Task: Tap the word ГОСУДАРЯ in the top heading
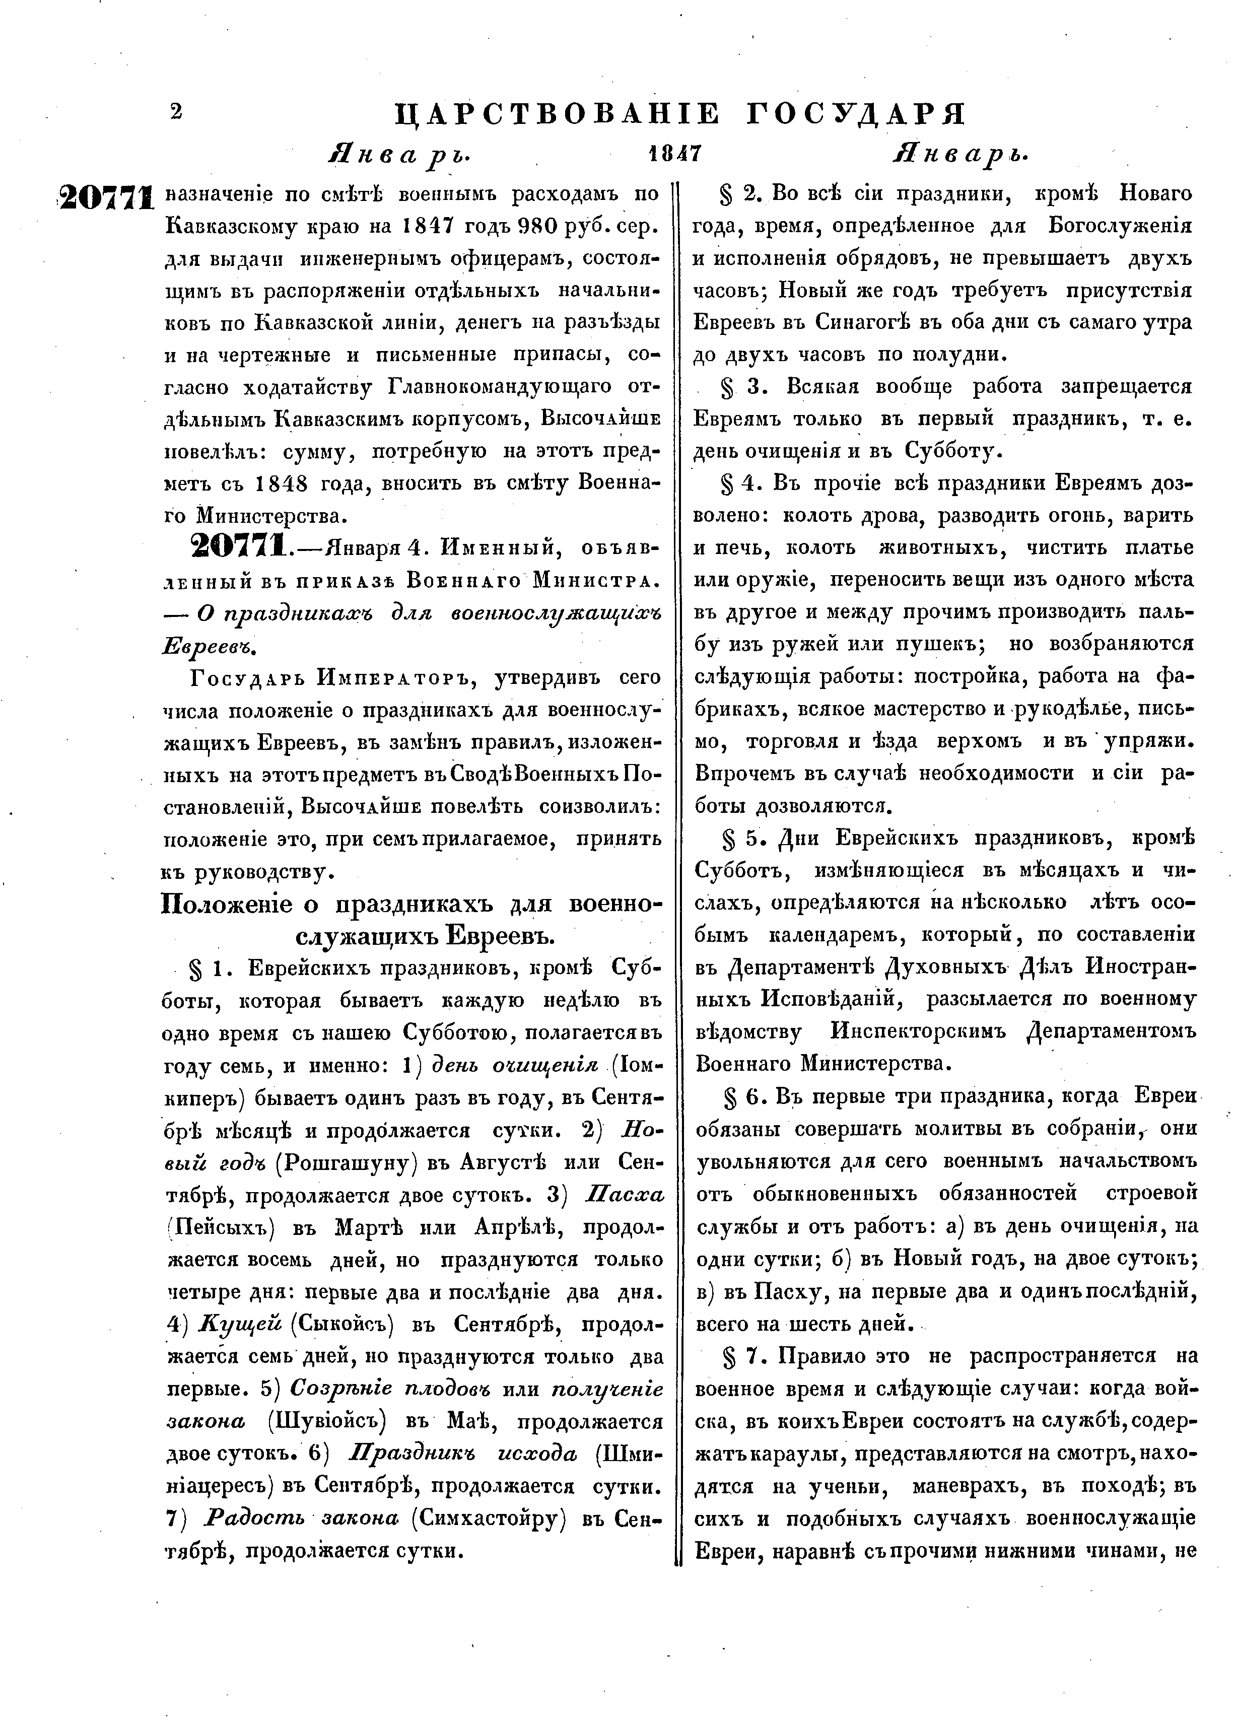pos(855,114)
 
